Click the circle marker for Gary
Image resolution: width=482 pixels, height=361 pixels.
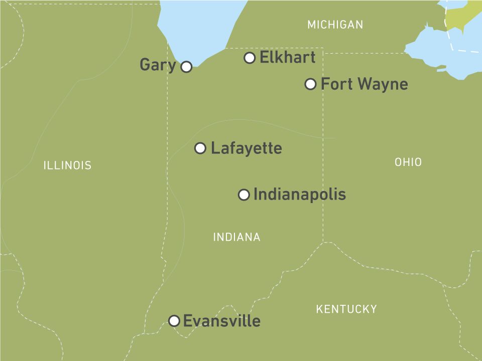point(186,67)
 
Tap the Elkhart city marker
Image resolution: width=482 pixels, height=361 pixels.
point(250,58)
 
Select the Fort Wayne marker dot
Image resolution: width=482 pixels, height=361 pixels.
point(311,84)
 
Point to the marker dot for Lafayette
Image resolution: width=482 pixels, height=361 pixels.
point(200,148)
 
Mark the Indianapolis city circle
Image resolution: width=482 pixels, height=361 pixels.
point(244,195)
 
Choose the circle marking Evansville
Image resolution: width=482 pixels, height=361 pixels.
point(174,321)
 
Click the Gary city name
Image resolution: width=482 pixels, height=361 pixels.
point(158,65)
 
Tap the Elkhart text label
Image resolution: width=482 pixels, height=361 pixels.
point(287,58)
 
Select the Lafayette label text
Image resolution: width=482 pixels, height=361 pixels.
point(246,148)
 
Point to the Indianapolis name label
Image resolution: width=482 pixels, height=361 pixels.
point(299,195)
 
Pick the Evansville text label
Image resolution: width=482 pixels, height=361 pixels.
point(221,321)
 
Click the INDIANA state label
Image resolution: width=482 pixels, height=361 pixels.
point(236,237)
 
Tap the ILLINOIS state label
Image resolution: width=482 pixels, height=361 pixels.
point(67,165)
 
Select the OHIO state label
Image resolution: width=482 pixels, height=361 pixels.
point(408,162)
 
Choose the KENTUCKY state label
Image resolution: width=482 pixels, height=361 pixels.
point(346,309)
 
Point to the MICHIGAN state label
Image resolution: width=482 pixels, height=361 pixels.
point(335,25)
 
